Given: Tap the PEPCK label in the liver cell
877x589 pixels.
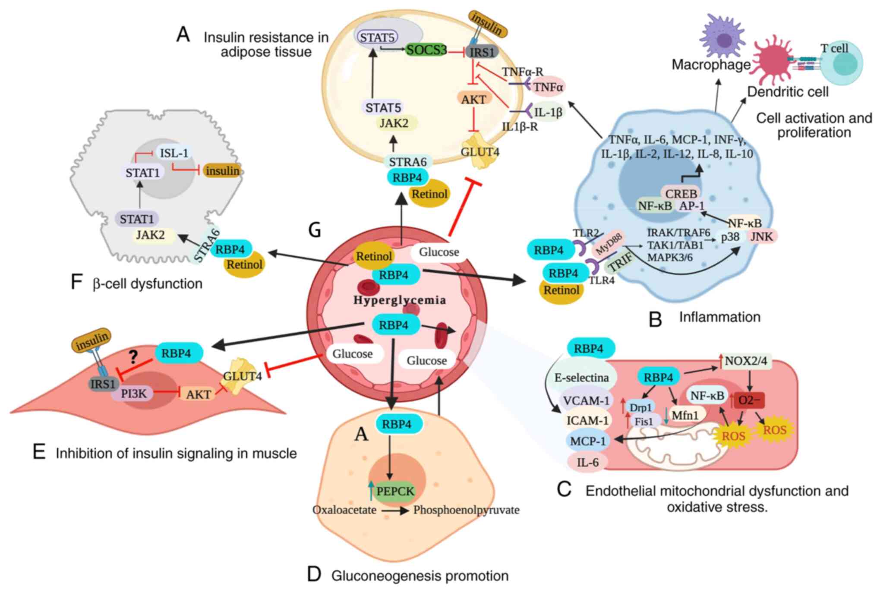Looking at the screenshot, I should click(394, 491).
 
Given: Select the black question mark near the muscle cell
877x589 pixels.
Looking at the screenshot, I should click(133, 357).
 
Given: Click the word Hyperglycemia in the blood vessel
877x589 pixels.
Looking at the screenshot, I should click(400, 300).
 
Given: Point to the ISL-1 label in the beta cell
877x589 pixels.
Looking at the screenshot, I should click(174, 153).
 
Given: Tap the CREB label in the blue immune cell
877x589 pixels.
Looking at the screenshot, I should click(681, 193).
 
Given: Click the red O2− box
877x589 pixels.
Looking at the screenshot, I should click(749, 400).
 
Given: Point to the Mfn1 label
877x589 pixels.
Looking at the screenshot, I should click(685, 416).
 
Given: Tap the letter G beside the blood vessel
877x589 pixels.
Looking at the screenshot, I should click(315, 230).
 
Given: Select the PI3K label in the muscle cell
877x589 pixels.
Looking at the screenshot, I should click(134, 393).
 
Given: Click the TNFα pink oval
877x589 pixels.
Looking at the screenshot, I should click(548, 87).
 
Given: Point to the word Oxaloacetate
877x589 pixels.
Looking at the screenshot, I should click(344, 510).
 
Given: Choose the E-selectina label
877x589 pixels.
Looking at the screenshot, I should click(581, 378).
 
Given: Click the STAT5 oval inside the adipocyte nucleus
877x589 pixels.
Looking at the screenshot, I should click(377, 38).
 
